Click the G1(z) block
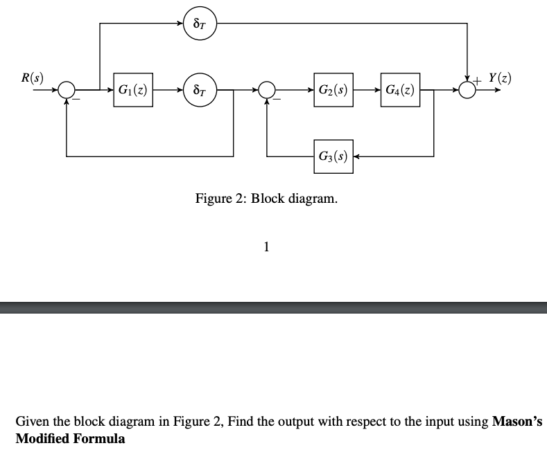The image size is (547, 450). pos(132,90)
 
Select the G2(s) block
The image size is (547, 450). pos(333,90)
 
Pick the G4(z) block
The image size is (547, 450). pos(399,90)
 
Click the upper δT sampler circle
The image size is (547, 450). pos(200,24)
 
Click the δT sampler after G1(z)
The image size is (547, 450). pos(200,90)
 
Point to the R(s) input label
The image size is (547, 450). pos(31,78)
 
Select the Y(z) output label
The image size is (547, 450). pos(500,78)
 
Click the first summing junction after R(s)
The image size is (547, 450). pos(67,90)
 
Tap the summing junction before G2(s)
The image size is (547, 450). pos(267,90)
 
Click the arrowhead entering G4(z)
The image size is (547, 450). pos(376,90)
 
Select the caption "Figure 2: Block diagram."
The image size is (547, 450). pos(267,199)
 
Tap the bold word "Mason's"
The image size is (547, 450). pos(516,421)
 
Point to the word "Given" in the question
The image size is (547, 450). pos(32,421)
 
